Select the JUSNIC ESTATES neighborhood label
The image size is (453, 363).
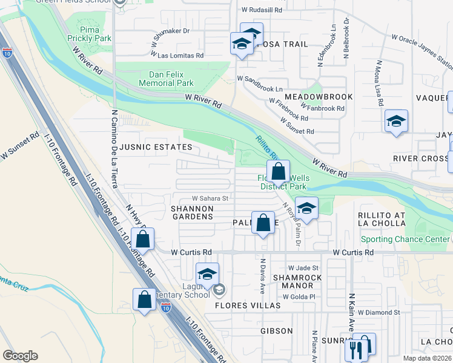156,147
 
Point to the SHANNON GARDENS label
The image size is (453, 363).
193,212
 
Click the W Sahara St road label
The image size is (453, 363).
210,198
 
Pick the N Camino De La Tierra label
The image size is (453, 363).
114,149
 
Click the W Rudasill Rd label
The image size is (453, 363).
262,10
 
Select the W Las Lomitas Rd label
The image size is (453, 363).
180,55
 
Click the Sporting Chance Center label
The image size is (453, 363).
401,239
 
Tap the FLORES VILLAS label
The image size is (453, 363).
248,306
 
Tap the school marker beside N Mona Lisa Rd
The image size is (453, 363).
397,122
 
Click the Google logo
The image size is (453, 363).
21,356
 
